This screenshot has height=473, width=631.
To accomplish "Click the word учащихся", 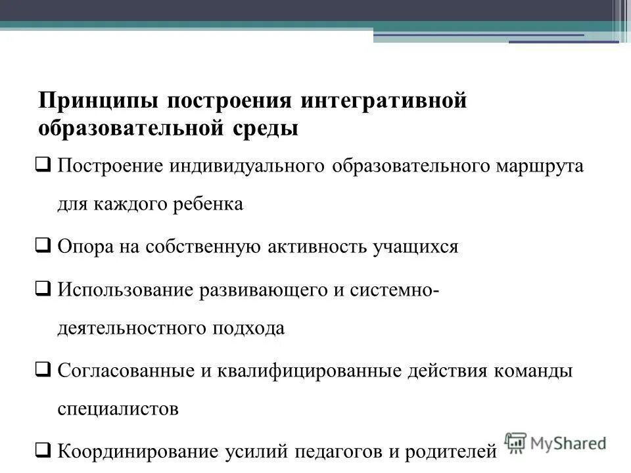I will point(415,248).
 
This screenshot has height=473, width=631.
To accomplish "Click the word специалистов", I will point(118,410).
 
